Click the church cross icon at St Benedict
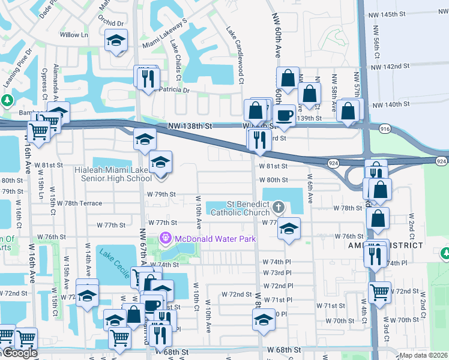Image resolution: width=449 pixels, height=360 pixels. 278,208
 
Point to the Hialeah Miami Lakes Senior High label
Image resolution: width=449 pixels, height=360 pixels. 113,174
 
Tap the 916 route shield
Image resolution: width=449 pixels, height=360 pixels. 385,129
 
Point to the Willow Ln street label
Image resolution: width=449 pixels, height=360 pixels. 74,35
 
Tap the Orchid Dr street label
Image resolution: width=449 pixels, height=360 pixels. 113,23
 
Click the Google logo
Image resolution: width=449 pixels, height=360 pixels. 20,353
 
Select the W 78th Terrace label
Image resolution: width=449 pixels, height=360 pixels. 76,203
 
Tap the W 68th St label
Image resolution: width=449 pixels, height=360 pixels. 283,349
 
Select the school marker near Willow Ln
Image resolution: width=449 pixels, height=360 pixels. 115,42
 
